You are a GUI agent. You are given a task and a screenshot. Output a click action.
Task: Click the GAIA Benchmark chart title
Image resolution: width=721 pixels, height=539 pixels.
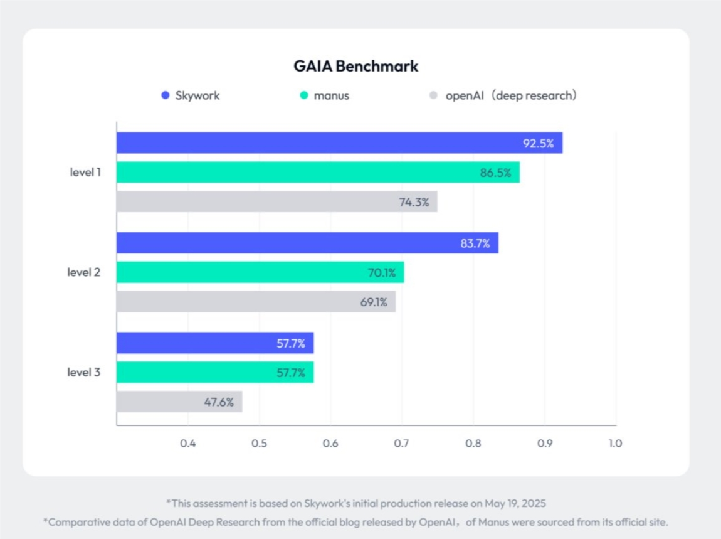click(x=355, y=66)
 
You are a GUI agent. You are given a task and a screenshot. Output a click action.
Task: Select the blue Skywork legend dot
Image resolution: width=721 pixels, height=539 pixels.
click(x=166, y=96)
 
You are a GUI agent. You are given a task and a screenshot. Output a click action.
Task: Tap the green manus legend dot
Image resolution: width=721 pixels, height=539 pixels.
click(x=304, y=96)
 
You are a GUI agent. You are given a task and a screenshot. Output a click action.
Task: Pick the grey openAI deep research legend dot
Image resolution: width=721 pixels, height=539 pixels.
click(x=433, y=96)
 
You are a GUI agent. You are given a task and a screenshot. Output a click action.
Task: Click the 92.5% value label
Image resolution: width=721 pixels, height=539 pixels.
click(x=539, y=143)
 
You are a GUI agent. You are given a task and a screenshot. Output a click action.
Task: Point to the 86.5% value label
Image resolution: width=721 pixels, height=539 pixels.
click(x=495, y=173)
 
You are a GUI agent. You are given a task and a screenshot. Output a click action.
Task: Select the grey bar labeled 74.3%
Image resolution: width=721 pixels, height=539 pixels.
click(x=276, y=201)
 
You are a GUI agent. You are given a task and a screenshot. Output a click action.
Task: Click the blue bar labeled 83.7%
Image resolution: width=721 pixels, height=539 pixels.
click(x=307, y=243)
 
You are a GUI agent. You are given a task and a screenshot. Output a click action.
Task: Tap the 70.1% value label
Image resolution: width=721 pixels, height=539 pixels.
click(x=381, y=272)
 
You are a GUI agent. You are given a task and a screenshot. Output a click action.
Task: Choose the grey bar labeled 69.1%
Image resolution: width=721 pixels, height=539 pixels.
click(x=256, y=302)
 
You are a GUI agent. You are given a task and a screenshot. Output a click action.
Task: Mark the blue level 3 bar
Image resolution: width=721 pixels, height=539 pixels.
click(x=215, y=343)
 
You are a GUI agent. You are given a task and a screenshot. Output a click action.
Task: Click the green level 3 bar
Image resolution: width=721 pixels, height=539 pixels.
click(x=215, y=373)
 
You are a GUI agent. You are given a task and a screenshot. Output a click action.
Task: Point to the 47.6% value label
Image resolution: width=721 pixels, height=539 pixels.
click(x=219, y=402)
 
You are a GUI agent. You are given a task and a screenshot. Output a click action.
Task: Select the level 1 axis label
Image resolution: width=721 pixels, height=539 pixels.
click(x=85, y=172)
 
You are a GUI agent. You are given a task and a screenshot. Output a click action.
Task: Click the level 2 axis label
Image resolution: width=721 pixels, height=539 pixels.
click(x=84, y=272)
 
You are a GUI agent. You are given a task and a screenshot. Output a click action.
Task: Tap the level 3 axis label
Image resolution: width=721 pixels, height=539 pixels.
click(x=84, y=373)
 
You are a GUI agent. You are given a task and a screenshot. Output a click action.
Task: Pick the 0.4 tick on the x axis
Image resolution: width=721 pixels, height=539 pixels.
click(x=188, y=444)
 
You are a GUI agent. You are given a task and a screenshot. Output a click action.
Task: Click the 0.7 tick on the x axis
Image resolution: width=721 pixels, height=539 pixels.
click(x=402, y=444)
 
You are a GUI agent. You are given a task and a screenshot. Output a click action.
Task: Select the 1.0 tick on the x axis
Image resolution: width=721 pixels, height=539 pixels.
click(x=615, y=444)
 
